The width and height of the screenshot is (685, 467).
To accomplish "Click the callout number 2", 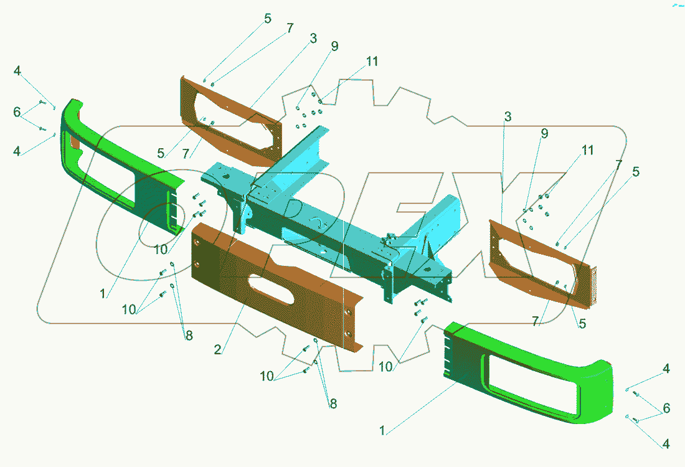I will (217, 350).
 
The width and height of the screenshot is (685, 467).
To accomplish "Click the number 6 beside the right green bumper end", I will (666, 408).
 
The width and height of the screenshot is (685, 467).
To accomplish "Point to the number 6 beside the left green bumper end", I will (17, 112).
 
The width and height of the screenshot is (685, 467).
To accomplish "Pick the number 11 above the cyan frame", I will (372, 62).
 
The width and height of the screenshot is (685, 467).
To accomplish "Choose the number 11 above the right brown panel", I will (587, 150).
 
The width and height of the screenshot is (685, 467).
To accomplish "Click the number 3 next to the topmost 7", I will (313, 39).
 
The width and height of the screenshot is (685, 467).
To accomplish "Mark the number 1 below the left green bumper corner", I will (103, 293).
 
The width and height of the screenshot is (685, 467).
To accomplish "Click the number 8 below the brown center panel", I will (333, 403).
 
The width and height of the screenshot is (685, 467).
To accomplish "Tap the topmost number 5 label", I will (268, 19).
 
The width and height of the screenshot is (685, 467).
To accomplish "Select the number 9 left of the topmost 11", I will (334, 47).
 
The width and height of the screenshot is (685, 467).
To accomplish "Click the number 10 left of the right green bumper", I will (386, 367).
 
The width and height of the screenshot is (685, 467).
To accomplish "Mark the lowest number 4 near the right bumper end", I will (666, 445).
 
